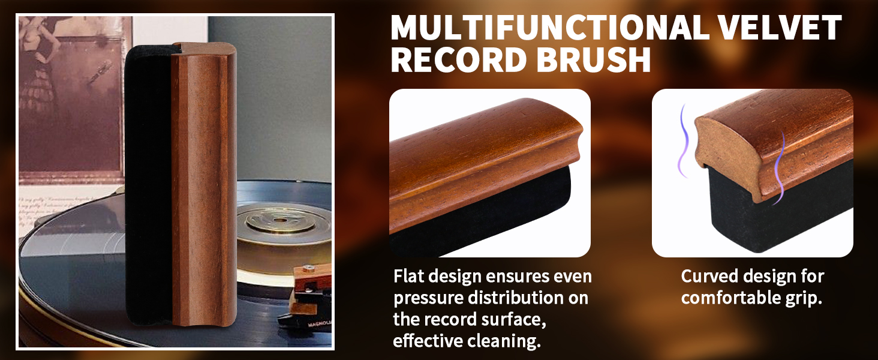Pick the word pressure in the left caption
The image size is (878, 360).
(x=429, y=298)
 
